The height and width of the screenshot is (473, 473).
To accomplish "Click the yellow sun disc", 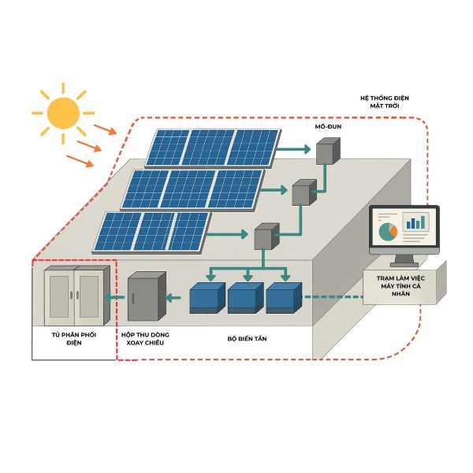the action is click(x=63, y=113).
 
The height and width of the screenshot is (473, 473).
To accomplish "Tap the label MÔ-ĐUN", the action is click(x=328, y=127).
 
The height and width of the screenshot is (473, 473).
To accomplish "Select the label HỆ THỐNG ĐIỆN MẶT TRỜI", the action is click(x=385, y=102).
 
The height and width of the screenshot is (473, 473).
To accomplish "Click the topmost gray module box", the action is click(x=328, y=151).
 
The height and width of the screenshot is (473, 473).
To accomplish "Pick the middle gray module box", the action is click(x=304, y=192).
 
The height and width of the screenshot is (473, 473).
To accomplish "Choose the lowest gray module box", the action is click(x=266, y=236).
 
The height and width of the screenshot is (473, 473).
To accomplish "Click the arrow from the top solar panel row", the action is click(x=293, y=149).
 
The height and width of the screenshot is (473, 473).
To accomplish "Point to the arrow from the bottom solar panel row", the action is click(x=228, y=234).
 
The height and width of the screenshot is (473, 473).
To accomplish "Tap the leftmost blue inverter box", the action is click(x=207, y=298).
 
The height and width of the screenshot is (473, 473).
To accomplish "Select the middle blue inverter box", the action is click(x=245, y=298).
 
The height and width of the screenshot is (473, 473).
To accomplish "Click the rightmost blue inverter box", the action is click(x=284, y=298).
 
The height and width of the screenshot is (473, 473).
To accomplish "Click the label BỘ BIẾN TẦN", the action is click(x=247, y=339).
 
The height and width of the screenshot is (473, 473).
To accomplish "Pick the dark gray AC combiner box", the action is click(x=147, y=296).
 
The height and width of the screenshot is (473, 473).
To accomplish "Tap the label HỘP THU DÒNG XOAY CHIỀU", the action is click(x=145, y=339).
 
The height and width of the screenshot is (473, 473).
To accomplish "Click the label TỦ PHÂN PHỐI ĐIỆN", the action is click(x=74, y=339).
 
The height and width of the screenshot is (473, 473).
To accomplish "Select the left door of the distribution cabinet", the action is click(x=59, y=297).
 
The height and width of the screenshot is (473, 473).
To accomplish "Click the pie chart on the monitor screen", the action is click(x=388, y=232).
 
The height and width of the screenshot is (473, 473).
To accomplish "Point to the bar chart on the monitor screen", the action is click(x=416, y=222).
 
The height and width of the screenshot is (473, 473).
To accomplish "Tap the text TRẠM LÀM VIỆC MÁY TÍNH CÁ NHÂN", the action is click(x=400, y=286).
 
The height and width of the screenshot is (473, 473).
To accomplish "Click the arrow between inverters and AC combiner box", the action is click(x=173, y=298).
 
